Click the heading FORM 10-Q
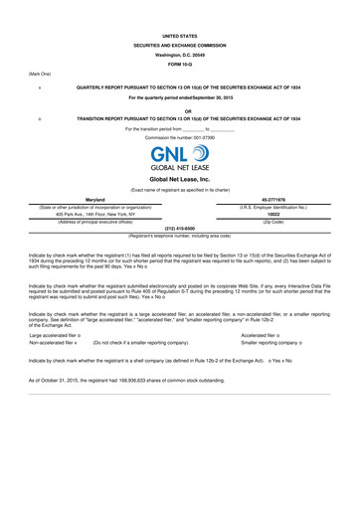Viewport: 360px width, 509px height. point(179,65)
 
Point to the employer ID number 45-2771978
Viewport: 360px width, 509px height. point(272,199)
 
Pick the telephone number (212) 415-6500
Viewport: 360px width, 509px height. point(179,228)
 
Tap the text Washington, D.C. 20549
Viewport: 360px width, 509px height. point(179,54)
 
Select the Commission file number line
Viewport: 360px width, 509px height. point(179,136)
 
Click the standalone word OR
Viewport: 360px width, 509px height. point(179,109)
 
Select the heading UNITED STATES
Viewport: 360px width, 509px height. point(179,35)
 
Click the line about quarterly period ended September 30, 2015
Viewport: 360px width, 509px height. point(179,97)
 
